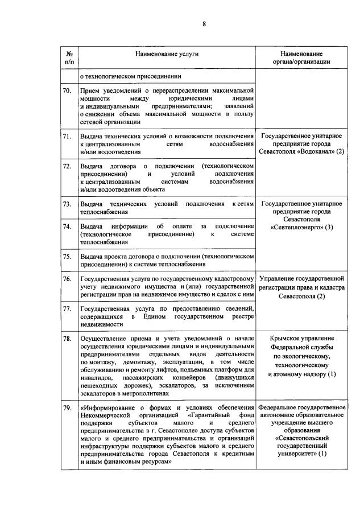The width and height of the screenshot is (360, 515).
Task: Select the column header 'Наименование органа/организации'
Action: coord(301,57)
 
